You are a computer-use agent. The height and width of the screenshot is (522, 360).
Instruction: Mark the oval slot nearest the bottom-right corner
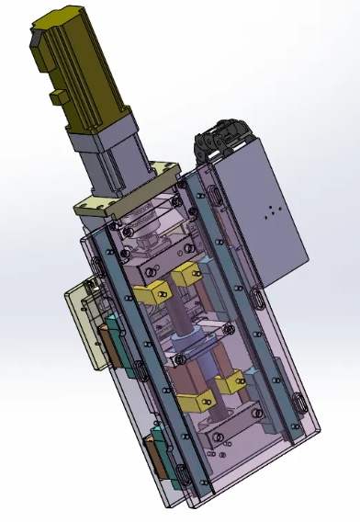pos(298,402)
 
